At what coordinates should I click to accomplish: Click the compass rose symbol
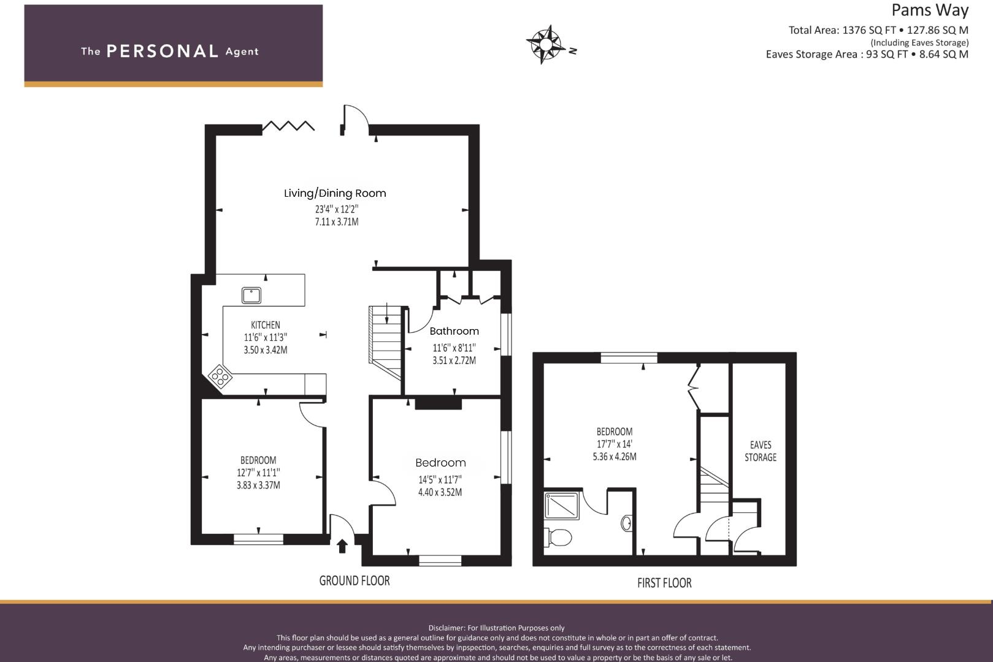545,44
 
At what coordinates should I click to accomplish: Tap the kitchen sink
251,295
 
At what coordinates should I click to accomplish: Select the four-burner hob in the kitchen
220,375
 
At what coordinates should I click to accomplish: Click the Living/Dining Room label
335,193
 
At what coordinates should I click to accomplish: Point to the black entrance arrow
342,546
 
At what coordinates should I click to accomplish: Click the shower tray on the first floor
562,506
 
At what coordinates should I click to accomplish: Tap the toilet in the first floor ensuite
559,538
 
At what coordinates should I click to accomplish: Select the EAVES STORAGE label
760,451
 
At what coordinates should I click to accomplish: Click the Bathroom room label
454,331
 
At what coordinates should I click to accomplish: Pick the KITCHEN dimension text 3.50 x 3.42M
266,350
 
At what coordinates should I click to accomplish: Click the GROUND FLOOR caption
355,580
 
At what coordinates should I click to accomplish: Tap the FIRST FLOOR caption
664,583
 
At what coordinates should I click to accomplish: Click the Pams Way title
929,10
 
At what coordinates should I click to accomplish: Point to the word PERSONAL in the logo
163,51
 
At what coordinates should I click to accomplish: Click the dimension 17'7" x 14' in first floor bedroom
614,444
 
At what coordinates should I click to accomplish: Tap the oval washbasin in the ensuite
626,523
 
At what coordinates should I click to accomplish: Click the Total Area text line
878,29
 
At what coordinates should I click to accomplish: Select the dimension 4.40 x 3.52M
440,492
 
